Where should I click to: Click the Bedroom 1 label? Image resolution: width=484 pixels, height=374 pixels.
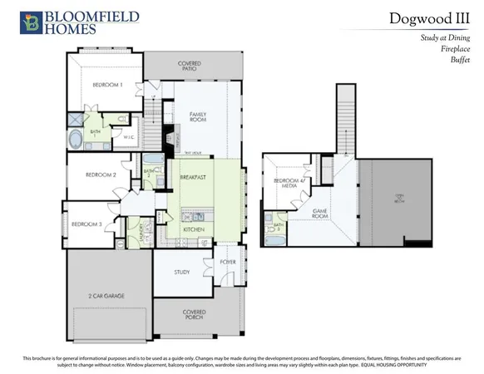coord(107,85)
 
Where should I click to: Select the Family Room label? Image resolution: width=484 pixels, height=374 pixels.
coord(198,117)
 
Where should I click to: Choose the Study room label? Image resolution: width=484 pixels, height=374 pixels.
coord(183,272)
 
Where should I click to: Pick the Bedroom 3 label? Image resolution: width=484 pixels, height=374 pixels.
coord(86,225)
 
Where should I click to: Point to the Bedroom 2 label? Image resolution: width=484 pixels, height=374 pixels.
coord(101,175)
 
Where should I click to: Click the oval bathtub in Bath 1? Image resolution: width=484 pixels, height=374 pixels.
coord(76,139)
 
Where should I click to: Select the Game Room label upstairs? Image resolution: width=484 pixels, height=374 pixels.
coord(323,214)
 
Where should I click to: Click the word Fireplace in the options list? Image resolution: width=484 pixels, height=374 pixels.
coord(454,49)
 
